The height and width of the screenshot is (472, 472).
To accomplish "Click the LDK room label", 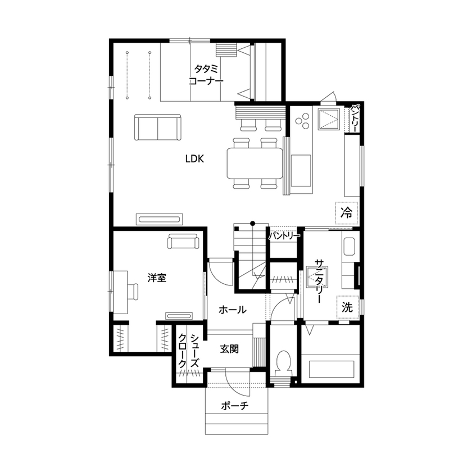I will click(x=194, y=159).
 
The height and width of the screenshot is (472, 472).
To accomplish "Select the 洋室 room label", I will click(x=156, y=278).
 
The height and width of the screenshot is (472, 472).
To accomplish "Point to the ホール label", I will click(x=231, y=310).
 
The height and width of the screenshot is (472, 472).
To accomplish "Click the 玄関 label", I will click(x=229, y=349).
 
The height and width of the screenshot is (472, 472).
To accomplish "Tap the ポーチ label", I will click(x=235, y=405).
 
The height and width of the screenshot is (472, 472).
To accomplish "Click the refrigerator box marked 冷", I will click(x=347, y=212).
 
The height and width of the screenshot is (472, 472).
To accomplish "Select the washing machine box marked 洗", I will click(x=347, y=307).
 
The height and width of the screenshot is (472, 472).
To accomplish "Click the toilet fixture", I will click(x=284, y=363).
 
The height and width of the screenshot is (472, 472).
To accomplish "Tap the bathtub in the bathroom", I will click(x=332, y=370).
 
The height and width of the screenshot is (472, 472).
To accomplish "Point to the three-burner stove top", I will click(x=303, y=120).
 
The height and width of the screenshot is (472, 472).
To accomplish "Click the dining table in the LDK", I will click(x=254, y=163).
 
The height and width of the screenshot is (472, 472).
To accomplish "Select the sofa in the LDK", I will click(x=158, y=128).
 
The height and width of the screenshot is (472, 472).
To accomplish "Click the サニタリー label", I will click(x=319, y=282).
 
